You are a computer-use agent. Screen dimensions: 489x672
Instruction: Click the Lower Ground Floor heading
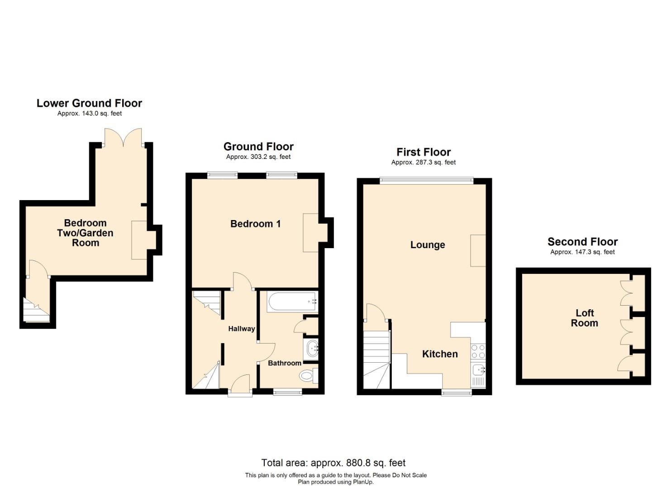[89, 103]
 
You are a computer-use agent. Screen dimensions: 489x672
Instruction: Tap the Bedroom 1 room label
[255, 224]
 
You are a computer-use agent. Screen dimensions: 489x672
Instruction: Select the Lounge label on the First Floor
[427, 245]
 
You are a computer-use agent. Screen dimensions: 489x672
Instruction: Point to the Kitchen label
[439, 354]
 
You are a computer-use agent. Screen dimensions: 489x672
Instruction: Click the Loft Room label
[584, 318]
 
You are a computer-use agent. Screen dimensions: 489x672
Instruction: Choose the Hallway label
[241, 329]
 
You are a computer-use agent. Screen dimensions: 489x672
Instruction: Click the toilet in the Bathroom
[308, 375]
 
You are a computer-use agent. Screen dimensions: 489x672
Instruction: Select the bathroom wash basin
[311, 349]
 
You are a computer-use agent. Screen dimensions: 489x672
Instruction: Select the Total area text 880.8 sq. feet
[333, 463]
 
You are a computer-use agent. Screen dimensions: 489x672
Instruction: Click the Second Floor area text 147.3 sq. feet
[582, 252]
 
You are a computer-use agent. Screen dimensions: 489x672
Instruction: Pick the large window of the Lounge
[426, 181]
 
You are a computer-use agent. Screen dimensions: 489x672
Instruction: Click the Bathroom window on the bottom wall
[287, 392]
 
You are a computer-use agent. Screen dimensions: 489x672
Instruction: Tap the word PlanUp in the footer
[363, 482]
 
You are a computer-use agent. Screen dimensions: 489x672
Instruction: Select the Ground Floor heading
[258, 147]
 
